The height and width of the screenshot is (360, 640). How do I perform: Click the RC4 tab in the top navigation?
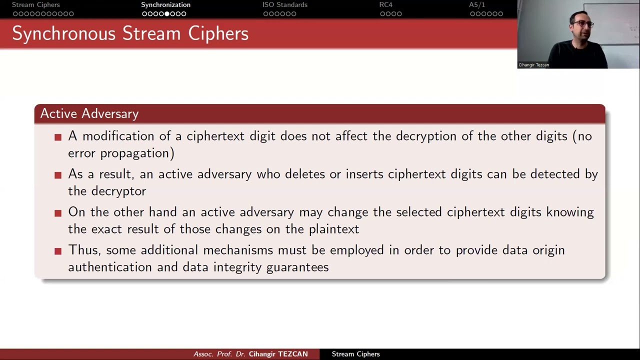tap(385, 5)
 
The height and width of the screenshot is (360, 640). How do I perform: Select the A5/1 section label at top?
tap(476, 5)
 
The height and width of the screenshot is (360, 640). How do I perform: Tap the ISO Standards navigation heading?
tap(284, 5)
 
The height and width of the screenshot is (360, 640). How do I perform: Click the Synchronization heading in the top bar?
tap(165, 5)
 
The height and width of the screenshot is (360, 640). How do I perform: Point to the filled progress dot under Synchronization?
tap(167, 14)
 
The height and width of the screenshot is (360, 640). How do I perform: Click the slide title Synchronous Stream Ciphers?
tap(130, 33)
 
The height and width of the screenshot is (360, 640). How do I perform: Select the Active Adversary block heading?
tap(89, 114)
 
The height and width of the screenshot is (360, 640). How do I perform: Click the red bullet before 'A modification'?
tap(58, 137)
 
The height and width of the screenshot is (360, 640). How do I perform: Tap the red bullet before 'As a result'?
tap(58, 175)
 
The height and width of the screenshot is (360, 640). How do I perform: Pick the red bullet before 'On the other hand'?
tap(58, 213)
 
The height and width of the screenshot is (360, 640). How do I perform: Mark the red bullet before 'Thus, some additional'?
tap(58, 251)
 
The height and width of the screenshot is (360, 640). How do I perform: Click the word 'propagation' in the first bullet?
tap(137, 153)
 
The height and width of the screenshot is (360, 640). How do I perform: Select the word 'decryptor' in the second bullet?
tap(118, 191)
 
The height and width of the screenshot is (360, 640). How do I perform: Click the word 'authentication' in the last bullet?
tap(110, 267)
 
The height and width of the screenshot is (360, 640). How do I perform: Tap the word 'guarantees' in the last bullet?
tap(297, 267)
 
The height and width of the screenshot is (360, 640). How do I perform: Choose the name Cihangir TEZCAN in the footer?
tap(278, 354)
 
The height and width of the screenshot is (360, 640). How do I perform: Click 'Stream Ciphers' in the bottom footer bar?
tap(355, 354)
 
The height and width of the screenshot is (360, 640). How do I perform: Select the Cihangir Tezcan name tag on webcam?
tap(533, 65)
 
